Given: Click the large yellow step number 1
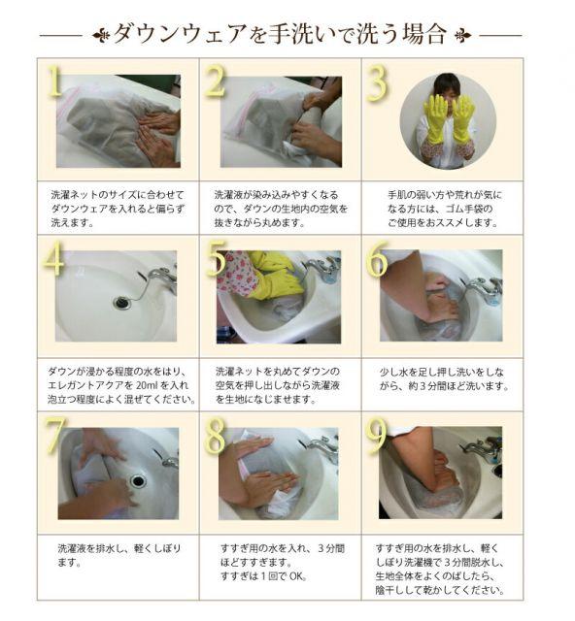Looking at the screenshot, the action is [54, 81].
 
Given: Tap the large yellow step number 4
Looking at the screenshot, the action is [53, 258].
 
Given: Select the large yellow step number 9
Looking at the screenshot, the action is [376, 436].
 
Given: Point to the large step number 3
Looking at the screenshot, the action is [377, 84].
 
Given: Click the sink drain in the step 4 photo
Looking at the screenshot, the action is [121, 303].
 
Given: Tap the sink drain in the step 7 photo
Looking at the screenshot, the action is [138, 481].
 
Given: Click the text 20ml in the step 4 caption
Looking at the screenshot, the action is [148, 385].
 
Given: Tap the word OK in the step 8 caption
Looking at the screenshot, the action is [297, 576].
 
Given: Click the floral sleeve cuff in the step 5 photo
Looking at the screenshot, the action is [236, 273].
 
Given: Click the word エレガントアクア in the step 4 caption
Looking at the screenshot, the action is [90, 385].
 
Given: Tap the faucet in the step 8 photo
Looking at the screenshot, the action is [324, 447].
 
